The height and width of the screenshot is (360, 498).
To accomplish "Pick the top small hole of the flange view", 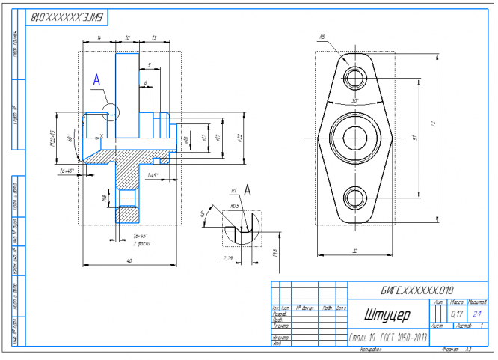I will click(x=354, y=78).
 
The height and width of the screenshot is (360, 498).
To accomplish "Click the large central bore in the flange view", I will click(x=354, y=138).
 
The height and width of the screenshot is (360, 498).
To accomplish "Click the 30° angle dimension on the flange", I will click(x=354, y=100).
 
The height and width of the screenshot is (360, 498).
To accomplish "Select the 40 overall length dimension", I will click(x=129, y=260).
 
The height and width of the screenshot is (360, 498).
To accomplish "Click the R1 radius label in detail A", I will click(x=235, y=191).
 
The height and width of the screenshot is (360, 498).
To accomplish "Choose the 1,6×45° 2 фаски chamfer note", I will click(x=137, y=240).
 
